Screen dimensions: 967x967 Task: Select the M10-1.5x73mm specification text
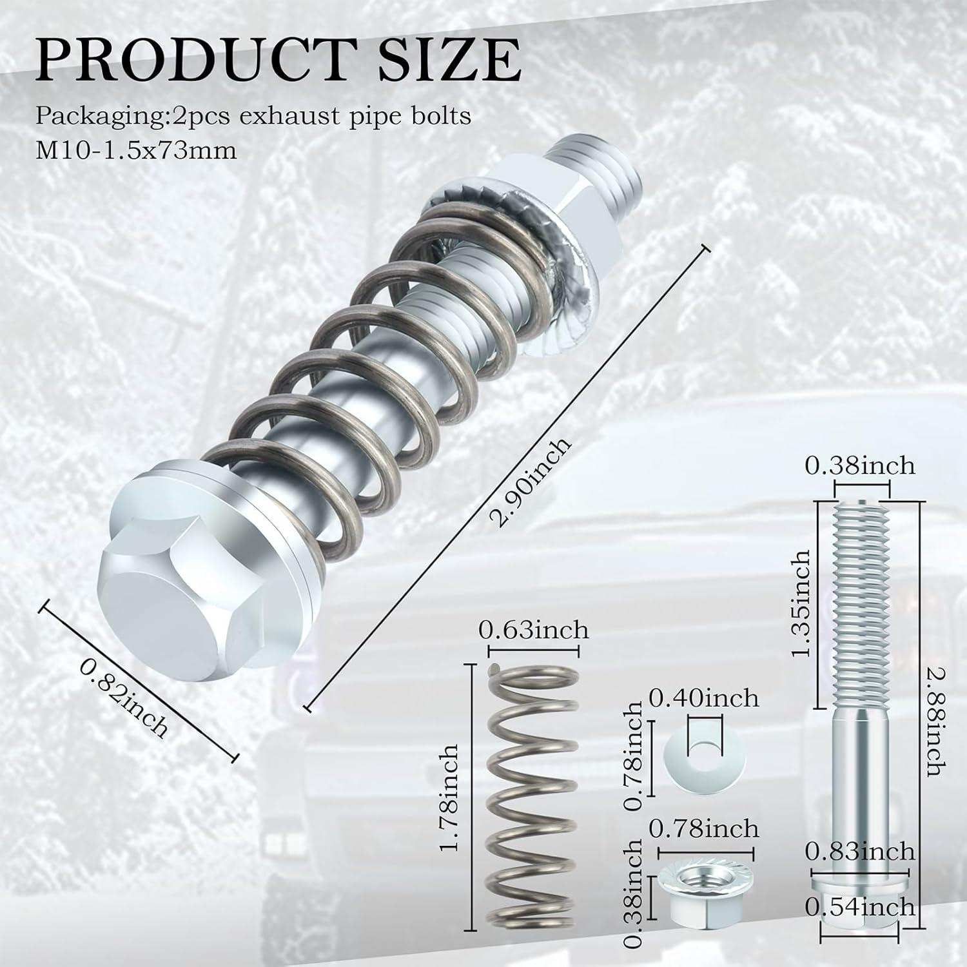click(x=136, y=151)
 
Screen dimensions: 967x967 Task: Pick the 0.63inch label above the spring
click(x=533, y=629)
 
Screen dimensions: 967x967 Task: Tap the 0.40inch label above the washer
click(x=703, y=698)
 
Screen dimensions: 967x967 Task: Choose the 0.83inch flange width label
click(x=859, y=852)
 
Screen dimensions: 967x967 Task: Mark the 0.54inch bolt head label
click(x=859, y=907)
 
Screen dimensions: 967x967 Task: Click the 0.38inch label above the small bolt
click(x=859, y=465)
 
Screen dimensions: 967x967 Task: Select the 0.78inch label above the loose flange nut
click(x=703, y=828)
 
